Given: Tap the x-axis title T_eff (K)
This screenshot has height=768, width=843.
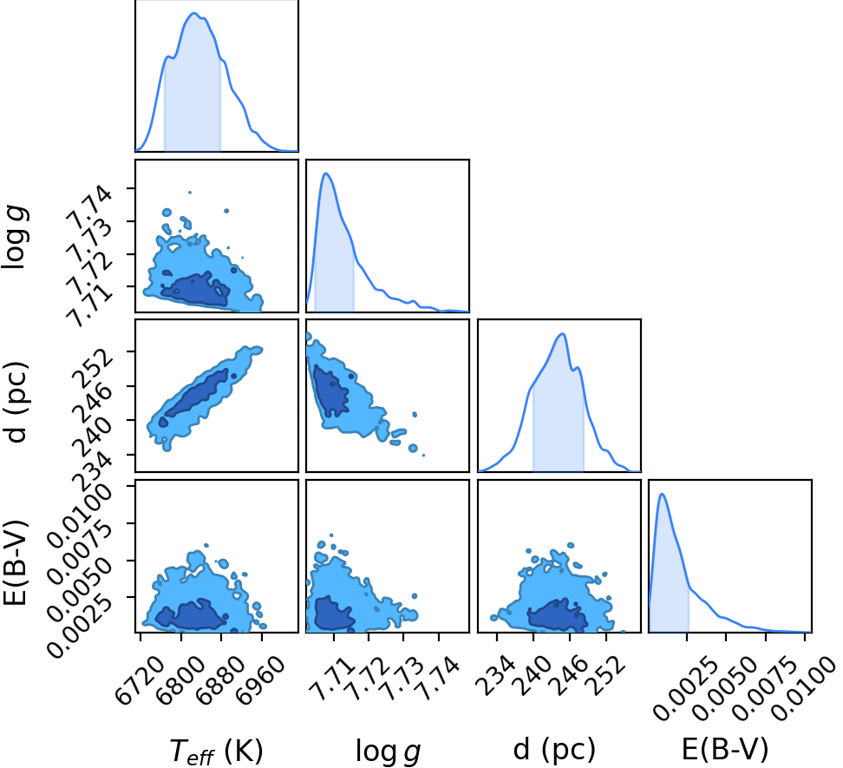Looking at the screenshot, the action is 216,751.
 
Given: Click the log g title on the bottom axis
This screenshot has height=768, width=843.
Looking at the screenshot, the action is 389,751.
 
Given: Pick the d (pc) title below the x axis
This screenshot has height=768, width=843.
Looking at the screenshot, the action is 554,750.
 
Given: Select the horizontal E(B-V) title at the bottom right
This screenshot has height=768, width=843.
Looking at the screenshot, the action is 725,749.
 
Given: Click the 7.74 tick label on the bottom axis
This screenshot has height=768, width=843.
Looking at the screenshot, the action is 439,679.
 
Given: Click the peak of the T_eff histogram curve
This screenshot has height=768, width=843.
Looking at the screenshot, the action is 195,13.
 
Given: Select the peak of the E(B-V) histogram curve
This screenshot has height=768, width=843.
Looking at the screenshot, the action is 662,494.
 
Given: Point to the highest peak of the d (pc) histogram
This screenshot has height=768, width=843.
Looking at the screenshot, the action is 562,333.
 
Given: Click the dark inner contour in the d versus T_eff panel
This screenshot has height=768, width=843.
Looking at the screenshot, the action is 197,391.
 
